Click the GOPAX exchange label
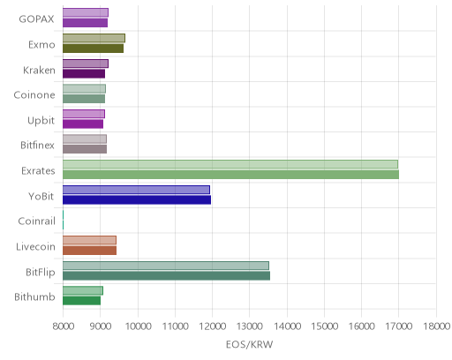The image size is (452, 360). pos(36,19)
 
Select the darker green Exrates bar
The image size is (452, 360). pos(230,175)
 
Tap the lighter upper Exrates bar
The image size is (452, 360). pos(230,164)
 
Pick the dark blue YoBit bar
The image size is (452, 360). pos(137,199)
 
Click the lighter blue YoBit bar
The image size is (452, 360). pos(136,190)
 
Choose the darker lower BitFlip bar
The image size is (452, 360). pos(166,276)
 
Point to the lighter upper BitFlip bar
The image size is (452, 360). pos(166,266)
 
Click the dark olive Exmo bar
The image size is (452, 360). pos(93,49)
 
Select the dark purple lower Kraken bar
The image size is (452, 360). pos(84,74)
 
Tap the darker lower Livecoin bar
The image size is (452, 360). pos(89,251)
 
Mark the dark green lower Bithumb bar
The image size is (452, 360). pos(81,301)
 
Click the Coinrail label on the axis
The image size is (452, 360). pos(36,221)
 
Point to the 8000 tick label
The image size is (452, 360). pos(64,326)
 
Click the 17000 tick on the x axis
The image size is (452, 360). pos(399,326)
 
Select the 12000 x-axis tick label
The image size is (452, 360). pos(212,326)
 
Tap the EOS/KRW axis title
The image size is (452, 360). pos(249,344)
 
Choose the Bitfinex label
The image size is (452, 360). pos(37,146)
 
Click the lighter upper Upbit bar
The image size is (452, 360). pos(84,114)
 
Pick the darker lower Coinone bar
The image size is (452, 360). pos(84,99)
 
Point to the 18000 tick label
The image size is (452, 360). pos(437,326)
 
